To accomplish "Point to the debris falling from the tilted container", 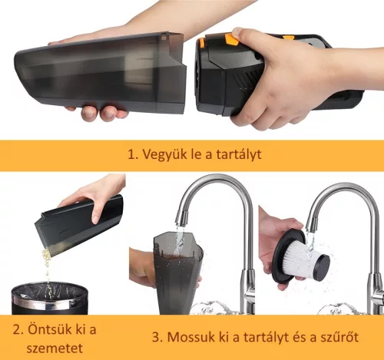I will tap(47, 272).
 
